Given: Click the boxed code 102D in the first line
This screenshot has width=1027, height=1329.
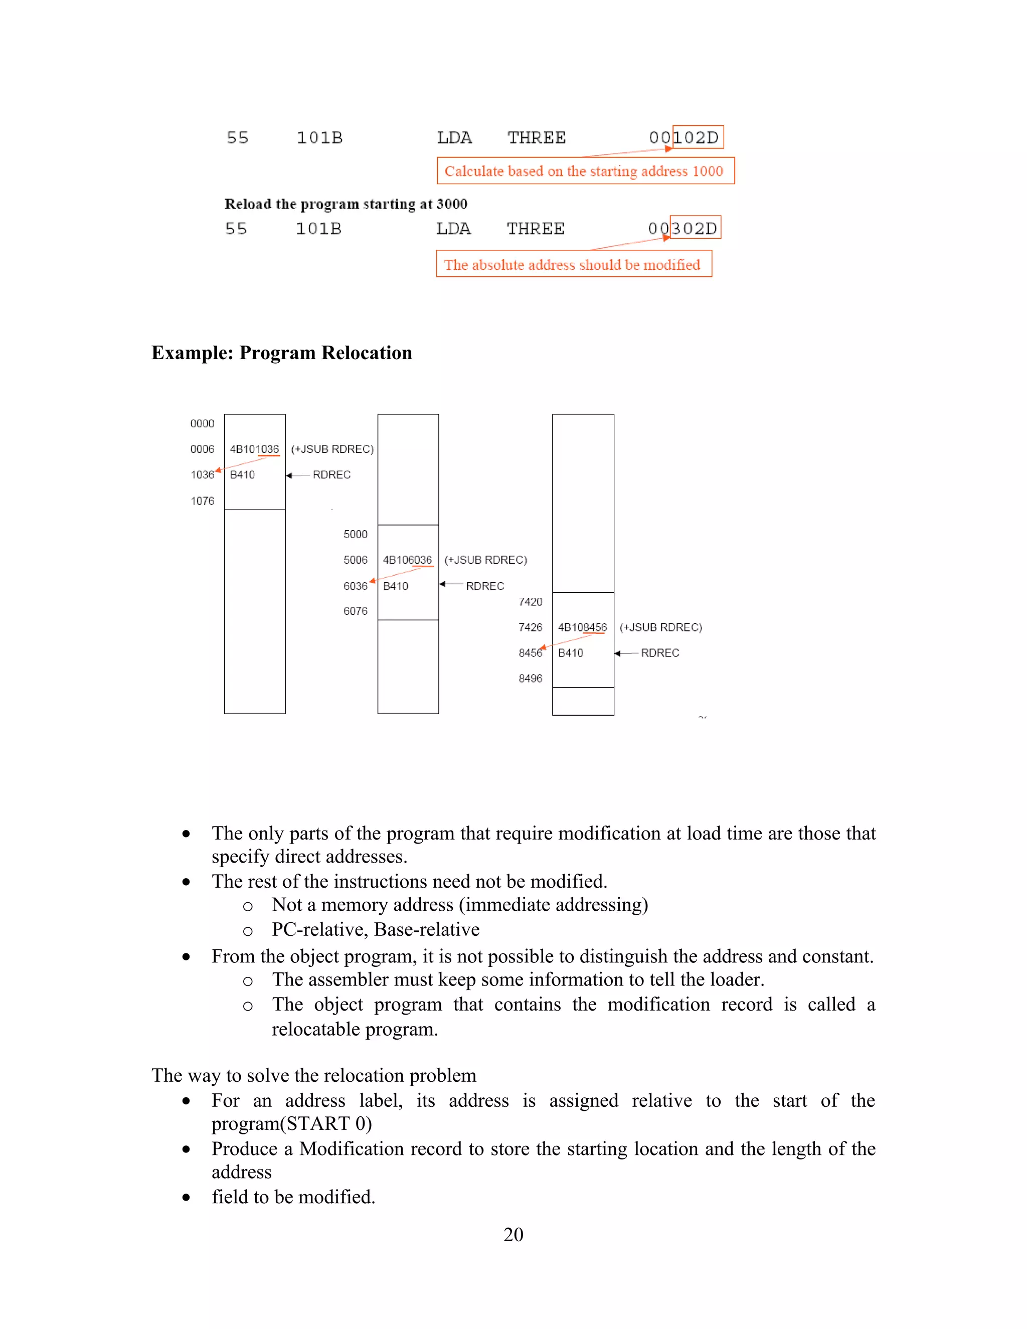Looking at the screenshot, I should pos(697,137).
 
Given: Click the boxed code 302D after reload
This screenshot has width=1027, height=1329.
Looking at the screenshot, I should pos(695,228).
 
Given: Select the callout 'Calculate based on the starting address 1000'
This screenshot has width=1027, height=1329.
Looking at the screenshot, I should pos(585,171).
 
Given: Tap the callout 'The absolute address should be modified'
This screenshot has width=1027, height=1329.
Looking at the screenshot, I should pos(573,265).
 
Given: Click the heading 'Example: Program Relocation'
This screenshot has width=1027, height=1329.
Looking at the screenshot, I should pos(282,353).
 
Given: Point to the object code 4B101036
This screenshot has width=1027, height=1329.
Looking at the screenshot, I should pos(254,449).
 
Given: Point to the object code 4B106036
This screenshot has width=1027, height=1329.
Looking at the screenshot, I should pos(407,560).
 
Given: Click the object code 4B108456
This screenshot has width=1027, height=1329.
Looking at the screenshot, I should pos(582,627).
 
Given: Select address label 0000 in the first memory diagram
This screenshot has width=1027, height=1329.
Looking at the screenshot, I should pos(202,424).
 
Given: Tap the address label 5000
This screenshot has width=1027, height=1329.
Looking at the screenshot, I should pos(356,534).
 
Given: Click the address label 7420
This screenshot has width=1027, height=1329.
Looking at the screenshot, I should pos(530,602).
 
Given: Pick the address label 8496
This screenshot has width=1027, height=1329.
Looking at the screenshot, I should pos(530,679).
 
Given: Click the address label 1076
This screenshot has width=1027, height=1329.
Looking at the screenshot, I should pos(202,501).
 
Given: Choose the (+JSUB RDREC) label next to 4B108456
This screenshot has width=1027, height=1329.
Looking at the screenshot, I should pos(661,627).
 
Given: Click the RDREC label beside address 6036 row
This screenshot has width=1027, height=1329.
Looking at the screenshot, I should pos(485,586).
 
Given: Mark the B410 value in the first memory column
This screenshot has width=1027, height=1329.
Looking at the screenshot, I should pos(242,474).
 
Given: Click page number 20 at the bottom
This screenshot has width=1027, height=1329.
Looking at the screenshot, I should pos(513,1235).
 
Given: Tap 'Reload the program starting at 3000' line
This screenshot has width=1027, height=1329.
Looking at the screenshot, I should pos(346,204).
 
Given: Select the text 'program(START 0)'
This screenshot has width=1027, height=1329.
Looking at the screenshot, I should pos(291,1123).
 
